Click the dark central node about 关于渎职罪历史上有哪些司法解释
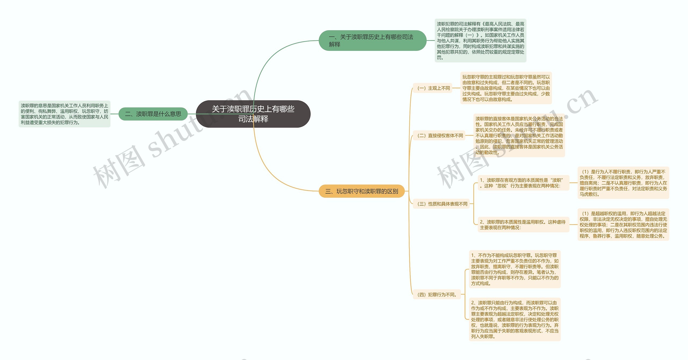(x=253, y=114)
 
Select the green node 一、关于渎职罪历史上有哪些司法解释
(x=372, y=41)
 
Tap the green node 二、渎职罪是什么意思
(x=153, y=114)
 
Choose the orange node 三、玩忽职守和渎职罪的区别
(x=361, y=191)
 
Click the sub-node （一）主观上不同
(x=433, y=88)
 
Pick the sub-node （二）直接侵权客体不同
(x=439, y=136)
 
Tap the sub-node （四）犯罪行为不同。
(x=437, y=294)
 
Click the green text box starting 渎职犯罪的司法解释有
(x=480, y=41)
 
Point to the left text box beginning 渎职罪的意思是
(x=64, y=114)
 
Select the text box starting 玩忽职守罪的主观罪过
(x=506, y=88)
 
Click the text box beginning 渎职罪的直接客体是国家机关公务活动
(x=519, y=136)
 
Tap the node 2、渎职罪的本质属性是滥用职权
(x=523, y=225)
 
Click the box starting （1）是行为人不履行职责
(x=623, y=183)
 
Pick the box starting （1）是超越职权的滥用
(x=623, y=225)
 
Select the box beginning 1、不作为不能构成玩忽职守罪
(x=515, y=269)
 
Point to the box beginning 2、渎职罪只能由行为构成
(x=515, y=319)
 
